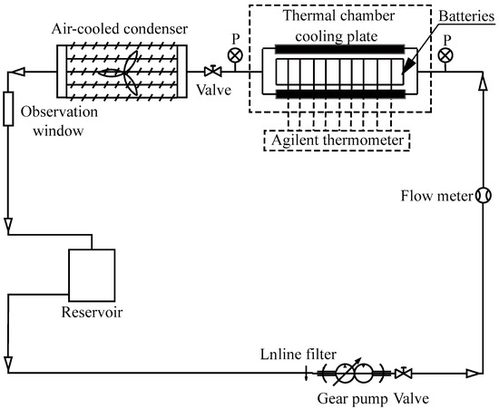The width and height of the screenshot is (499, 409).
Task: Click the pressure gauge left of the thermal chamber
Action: (235, 55)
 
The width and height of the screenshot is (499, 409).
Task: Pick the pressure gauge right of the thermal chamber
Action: (445, 55)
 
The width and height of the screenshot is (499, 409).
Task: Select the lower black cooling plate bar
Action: (337, 95)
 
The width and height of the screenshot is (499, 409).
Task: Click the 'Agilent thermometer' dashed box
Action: (337, 141)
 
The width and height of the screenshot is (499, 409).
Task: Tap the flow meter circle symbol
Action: (483, 194)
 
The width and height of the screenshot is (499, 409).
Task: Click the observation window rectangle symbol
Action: (8, 109)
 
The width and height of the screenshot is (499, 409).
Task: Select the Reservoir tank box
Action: (92, 276)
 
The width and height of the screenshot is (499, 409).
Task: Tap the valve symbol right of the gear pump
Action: (406, 373)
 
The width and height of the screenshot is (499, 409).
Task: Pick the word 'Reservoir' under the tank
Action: (89, 314)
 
